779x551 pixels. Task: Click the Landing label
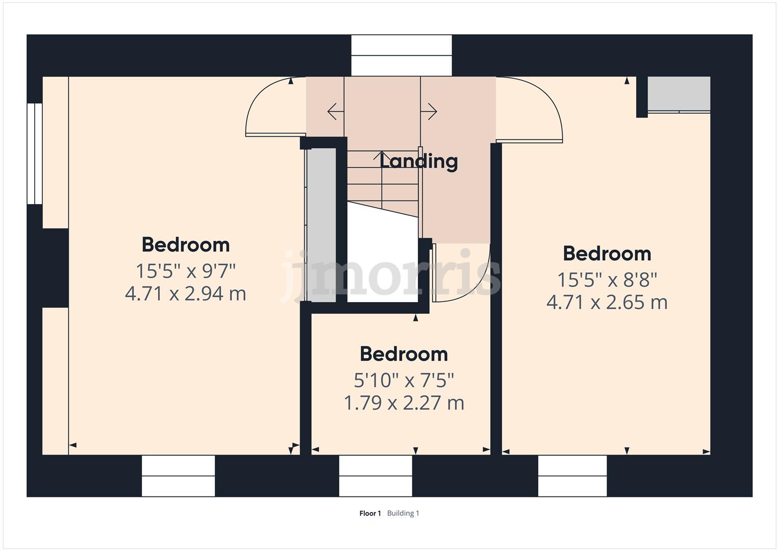[x=419, y=161]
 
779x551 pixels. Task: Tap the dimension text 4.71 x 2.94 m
[x=186, y=294]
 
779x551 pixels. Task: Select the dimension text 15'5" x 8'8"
[x=607, y=280]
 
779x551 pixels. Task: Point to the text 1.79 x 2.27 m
[x=404, y=403]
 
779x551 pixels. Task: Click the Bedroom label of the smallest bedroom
[x=404, y=354]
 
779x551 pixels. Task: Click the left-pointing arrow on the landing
[x=335, y=111]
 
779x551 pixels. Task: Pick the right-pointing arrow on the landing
[x=430, y=111]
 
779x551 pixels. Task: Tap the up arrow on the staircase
[x=381, y=156]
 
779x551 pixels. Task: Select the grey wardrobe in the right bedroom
[x=679, y=94]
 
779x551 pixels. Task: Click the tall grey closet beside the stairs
[x=321, y=224]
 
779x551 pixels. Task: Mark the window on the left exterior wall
[x=35, y=154]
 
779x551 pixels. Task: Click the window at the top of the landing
[x=401, y=56]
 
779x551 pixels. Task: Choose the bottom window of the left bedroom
[x=178, y=475]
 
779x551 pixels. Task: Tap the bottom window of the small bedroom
[x=375, y=475]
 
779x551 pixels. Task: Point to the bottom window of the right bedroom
[x=572, y=475]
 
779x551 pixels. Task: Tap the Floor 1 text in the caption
[x=370, y=513]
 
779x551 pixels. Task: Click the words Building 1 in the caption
[x=403, y=513]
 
